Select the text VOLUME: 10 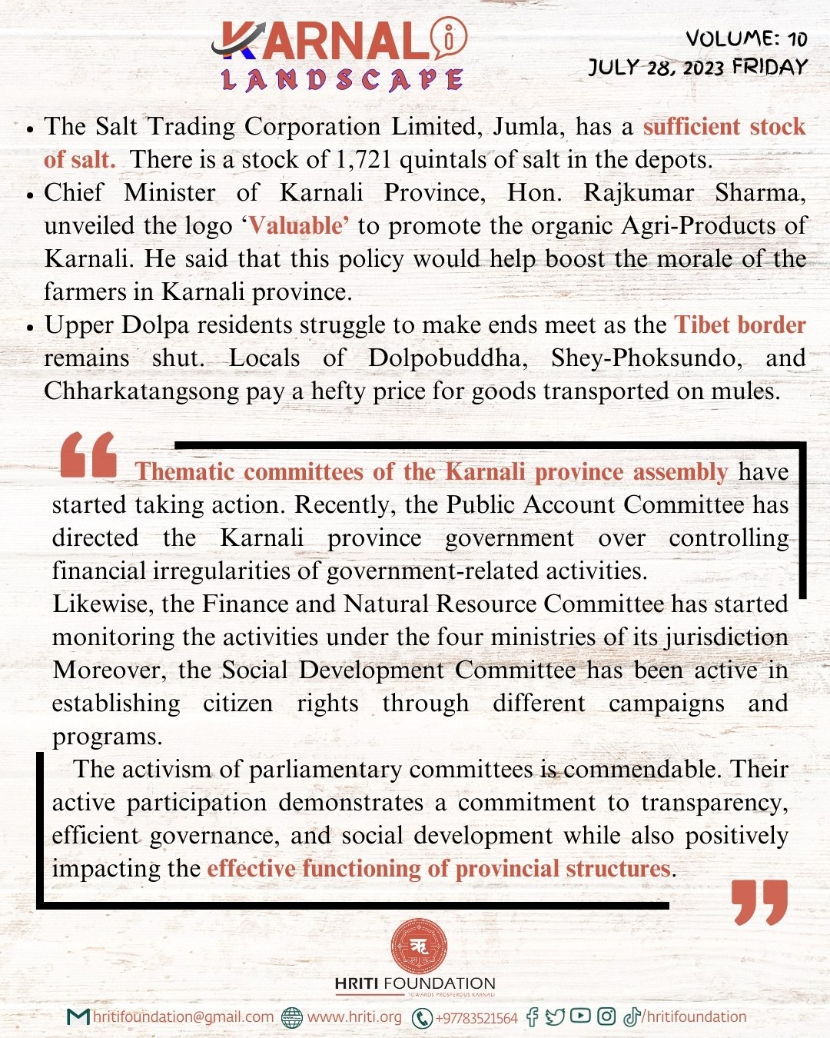coord(745,38)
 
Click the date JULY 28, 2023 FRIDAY coord(698,67)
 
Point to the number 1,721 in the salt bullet coord(364,160)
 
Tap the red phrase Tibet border coord(740,325)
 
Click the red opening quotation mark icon coord(88,454)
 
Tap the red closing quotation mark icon coord(760,903)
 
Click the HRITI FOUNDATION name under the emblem coord(415,983)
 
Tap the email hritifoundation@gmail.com coord(183,1017)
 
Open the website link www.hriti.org coord(354,1017)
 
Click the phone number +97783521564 coord(476,1018)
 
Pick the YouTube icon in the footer coord(580,1016)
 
